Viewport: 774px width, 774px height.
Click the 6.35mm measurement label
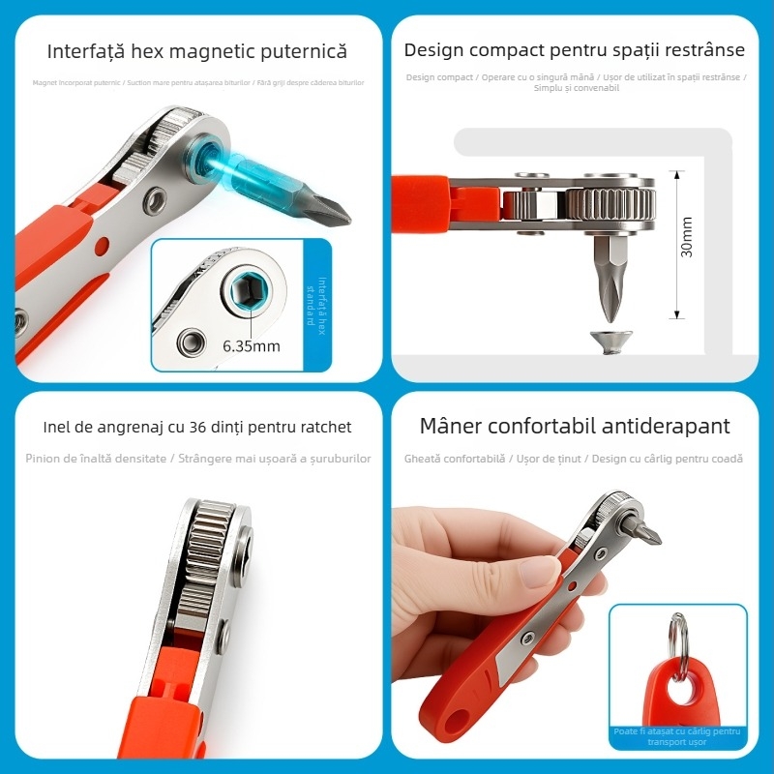point(252,345)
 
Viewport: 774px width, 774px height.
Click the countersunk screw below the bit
point(611,341)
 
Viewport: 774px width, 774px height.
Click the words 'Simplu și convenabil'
point(577,88)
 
